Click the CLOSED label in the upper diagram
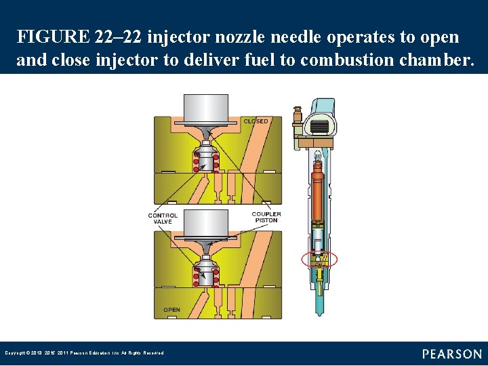click(x=256, y=121)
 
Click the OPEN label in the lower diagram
click(x=172, y=310)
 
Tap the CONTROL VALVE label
click(x=163, y=218)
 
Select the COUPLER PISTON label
click(x=266, y=218)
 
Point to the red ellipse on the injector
click(x=319, y=259)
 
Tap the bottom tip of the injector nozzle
click(x=319, y=312)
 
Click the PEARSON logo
click(x=452, y=354)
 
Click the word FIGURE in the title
click(x=53, y=37)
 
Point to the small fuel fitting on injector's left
click(x=296, y=119)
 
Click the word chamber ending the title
click(x=441, y=60)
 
